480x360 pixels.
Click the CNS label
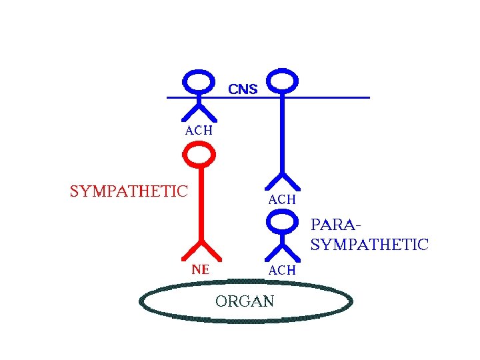coord(243,88)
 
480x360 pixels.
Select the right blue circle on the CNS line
coord(283,81)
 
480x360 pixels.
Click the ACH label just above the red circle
coord(199,131)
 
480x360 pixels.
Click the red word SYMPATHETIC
coord(129,191)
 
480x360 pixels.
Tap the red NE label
coord(200,270)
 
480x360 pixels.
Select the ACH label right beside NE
coord(282,270)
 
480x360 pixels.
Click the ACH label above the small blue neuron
coord(282,199)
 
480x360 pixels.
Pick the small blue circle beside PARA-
coord(283,220)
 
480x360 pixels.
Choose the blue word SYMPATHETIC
coord(369,245)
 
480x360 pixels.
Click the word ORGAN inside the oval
coord(245,301)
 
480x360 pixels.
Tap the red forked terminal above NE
coord(200,249)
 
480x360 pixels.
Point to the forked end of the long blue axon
coord(283,180)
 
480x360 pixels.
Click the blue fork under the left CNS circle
coord(198,108)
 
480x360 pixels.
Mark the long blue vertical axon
coord(283,133)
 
